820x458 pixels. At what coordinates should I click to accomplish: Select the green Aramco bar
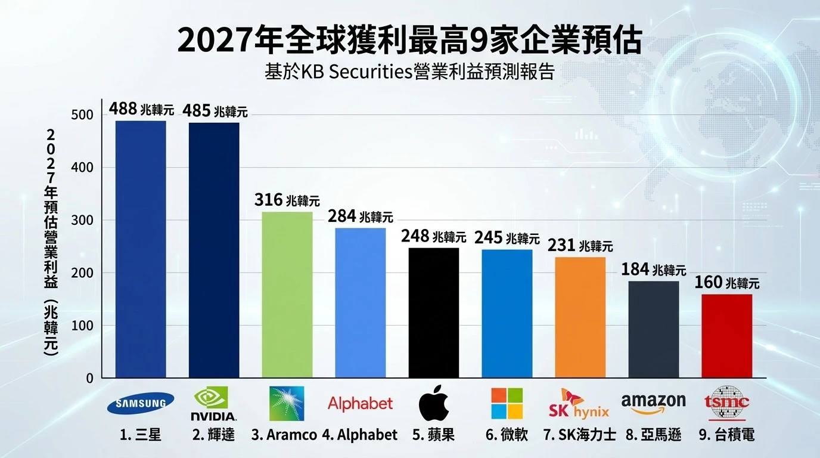coord(287,295)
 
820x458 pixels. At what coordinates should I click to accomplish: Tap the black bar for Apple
coord(433,312)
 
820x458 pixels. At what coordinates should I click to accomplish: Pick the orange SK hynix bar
coord(580,317)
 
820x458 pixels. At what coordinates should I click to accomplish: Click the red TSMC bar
coord(726,336)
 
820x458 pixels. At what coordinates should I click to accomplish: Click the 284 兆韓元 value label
coord(360,216)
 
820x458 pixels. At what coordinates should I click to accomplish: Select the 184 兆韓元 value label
coord(653,270)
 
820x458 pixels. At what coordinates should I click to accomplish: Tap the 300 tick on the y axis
coord(82,220)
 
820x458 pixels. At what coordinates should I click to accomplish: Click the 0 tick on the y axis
coord(89,378)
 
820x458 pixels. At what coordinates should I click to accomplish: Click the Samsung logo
coord(141,403)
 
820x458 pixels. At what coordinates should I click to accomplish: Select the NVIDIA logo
coord(213,404)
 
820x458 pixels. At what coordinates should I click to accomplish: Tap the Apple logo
coord(433,404)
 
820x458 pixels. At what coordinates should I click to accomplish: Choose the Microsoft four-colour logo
coord(507,404)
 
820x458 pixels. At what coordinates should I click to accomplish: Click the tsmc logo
coord(726,403)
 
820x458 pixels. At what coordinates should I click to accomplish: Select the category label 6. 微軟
coord(507,435)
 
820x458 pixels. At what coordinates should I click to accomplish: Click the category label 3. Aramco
coord(284,435)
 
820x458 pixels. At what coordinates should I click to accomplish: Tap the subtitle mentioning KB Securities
coord(409,72)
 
